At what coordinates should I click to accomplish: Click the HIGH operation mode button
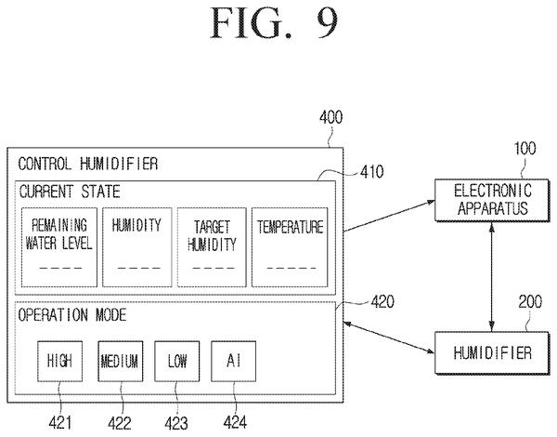pyautogui.click(x=59, y=361)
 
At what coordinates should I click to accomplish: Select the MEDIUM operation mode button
pyautogui.click(x=121, y=361)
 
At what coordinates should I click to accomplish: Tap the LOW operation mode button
pyautogui.click(x=177, y=361)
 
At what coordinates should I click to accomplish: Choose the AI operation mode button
pyautogui.click(x=233, y=361)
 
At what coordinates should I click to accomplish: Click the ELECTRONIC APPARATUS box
pyautogui.click(x=492, y=200)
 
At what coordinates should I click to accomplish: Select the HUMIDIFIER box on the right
pyautogui.click(x=492, y=352)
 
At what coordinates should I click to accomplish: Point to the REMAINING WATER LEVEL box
pyautogui.click(x=59, y=247)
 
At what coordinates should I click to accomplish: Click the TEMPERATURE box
pyautogui.click(x=290, y=247)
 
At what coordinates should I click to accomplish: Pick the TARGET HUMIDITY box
pyautogui.click(x=212, y=247)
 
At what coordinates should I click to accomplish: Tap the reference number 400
pyautogui.click(x=331, y=117)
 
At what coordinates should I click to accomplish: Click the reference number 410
pyautogui.click(x=372, y=172)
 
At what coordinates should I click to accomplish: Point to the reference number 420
pyautogui.click(x=382, y=302)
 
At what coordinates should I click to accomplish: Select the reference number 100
pyautogui.click(x=525, y=149)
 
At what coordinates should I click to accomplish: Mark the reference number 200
pyautogui.click(x=530, y=302)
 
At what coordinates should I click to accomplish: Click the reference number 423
pyautogui.click(x=176, y=423)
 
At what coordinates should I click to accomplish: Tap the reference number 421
pyautogui.click(x=60, y=423)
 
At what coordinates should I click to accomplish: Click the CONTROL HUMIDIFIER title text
pyautogui.click(x=88, y=164)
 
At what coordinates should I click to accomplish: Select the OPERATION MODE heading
pyautogui.click(x=72, y=315)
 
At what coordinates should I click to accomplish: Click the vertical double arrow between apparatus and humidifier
pyautogui.click(x=492, y=276)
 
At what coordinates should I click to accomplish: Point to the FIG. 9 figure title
pyautogui.click(x=274, y=22)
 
